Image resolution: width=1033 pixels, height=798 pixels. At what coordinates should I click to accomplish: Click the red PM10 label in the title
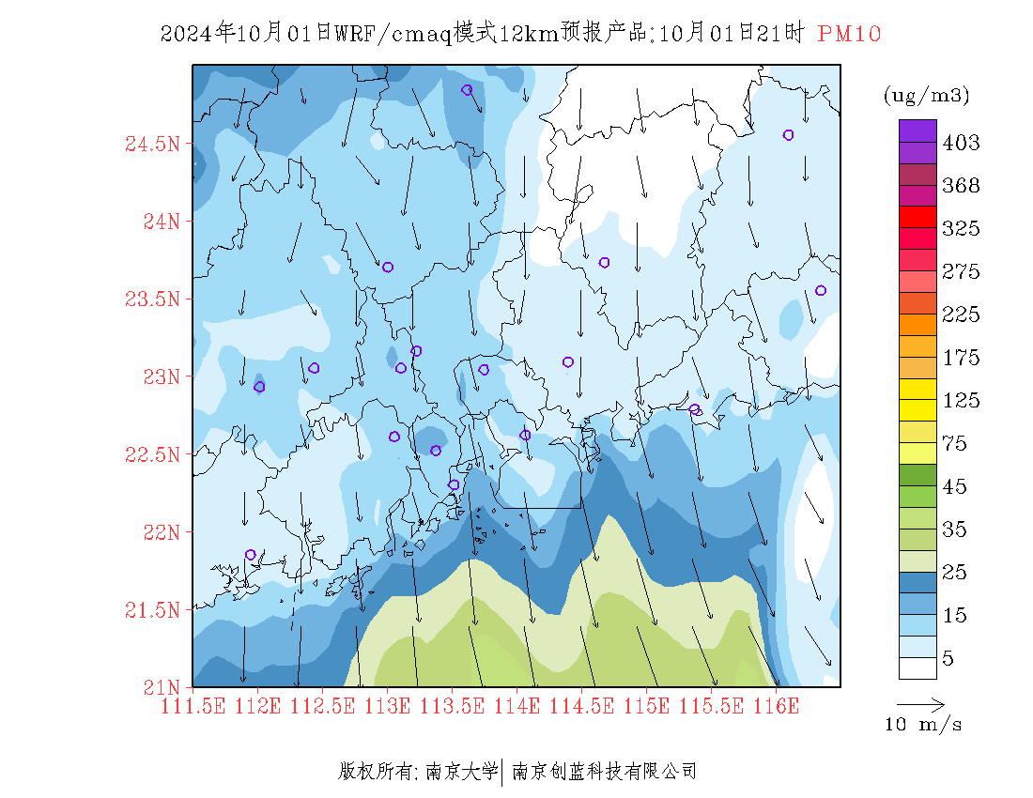pyautogui.click(x=849, y=34)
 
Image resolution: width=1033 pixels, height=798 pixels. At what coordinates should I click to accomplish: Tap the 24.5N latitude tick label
pyautogui.click(x=152, y=144)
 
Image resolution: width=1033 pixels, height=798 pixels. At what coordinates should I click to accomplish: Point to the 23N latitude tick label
pyautogui.click(x=162, y=376)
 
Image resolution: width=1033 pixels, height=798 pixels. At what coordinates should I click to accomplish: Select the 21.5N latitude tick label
pyautogui.click(x=152, y=609)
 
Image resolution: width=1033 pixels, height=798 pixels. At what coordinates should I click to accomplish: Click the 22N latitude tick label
pyautogui.click(x=162, y=532)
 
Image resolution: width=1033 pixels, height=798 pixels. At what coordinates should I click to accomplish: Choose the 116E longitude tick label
pyautogui.click(x=776, y=707)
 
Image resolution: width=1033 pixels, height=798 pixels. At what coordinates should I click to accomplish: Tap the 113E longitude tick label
pyautogui.click(x=387, y=707)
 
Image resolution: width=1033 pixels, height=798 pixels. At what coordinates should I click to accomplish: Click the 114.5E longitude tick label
pyautogui.click(x=581, y=707)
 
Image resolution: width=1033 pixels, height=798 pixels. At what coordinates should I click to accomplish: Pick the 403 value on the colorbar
pyautogui.click(x=961, y=142)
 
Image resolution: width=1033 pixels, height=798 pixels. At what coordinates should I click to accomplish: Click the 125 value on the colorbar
pyautogui.click(x=961, y=400)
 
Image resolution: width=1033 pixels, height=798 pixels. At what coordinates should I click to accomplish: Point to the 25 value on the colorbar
pyautogui.click(x=955, y=572)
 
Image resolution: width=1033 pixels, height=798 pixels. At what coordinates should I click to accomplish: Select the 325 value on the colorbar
pyautogui.click(x=961, y=228)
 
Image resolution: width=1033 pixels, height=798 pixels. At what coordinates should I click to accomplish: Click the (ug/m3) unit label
pyautogui.click(x=926, y=96)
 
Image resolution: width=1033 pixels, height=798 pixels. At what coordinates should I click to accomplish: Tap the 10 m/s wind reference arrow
pyautogui.click(x=921, y=705)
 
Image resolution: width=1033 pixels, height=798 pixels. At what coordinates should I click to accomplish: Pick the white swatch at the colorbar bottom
pyautogui.click(x=917, y=668)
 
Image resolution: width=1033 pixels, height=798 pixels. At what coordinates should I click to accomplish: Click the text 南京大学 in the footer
pyautogui.click(x=462, y=771)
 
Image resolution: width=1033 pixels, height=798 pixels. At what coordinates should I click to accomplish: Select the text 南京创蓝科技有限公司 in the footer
pyautogui.click(x=604, y=771)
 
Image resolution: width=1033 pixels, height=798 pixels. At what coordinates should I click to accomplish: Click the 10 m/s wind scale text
pyautogui.click(x=923, y=725)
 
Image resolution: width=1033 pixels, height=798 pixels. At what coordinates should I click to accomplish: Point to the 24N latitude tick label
pyautogui.click(x=162, y=222)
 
